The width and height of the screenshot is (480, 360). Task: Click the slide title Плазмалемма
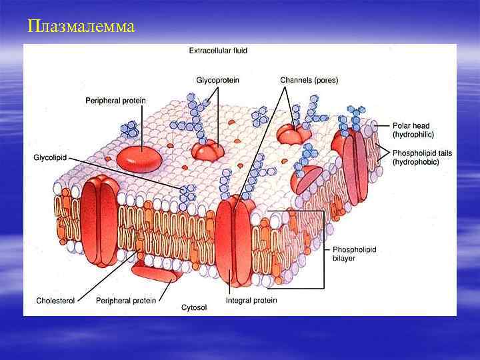pyautogui.click(x=82, y=27)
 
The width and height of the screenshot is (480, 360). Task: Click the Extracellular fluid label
pyautogui.click(x=218, y=50)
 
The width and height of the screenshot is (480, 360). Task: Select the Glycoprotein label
pyautogui.click(x=217, y=80)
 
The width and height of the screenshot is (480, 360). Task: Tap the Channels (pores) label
pyautogui.click(x=309, y=80)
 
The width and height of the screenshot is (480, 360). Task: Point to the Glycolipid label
pyautogui.click(x=50, y=157)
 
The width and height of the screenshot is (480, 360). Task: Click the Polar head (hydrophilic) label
pyautogui.click(x=411, y=129)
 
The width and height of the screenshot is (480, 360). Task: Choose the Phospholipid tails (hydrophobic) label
pyautogui.click(x=422, y=157)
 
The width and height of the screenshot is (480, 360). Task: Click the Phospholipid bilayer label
pyautogui.click(x=354, y=253)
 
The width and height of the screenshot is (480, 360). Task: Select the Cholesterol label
pyautogui.click(x=55, y=301)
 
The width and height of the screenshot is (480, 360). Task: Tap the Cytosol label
pyautogui.click(x=195, y=307)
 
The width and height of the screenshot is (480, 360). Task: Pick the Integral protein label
pyautogui.click(x=251, y=301)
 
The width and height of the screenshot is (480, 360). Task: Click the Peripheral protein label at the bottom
pyautogui.click(x=125, y=301)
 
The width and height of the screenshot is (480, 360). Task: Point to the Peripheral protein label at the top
pyautogui.click(x=115, y=101)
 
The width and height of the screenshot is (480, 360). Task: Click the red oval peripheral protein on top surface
pyautogui.click(x=139, y=157)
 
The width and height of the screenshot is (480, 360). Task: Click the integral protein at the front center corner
pyautogui.click(x=233, y=240)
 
